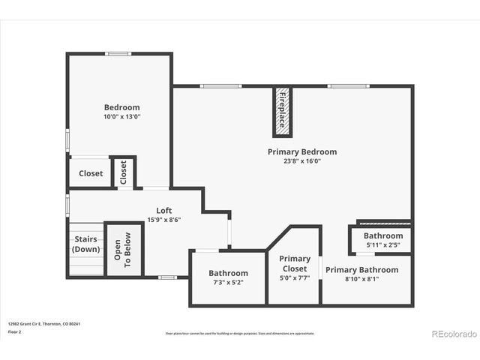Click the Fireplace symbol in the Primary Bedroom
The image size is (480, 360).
pyautogui.click(x=283, y=112)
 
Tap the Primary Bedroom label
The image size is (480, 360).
pyautogui.click(x=302, y=151)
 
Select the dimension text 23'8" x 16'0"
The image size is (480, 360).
pyautogui.click(x=302, y=161)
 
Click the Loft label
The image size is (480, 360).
pyautogui.click(x=163, y=211)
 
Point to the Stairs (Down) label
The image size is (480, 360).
pyautogui.click(x=85, y=244)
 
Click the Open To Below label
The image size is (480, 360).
pyautogui.click(x=122, y=250)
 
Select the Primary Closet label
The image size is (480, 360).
pyautogui.click(x=294, y=263)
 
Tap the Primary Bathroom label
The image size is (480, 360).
pyautogui.click(x=361, y=269)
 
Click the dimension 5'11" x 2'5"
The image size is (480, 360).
pyautogui.click(x=383, y=244)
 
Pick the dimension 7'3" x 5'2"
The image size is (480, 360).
pyautogui.click(x=228, y=283)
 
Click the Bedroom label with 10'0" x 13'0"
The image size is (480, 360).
pyautogui.click(x=121, y=107)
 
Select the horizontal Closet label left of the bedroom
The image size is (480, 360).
pyautogui.click(x=91, y=173)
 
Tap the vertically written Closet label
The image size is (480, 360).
pyautogui.click(x=124, y=172)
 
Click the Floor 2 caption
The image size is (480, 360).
pyautogui.click(x=15, y=331)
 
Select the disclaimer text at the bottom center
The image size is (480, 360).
pyautogui.click(x=240, y=333)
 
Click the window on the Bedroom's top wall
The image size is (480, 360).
pyautogui.click(x=118, y=54)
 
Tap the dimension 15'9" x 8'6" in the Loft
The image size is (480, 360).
pyautogui.click(x=163, y=220)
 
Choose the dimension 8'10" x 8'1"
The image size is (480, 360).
pyautogui.click(x=361, y=279)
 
